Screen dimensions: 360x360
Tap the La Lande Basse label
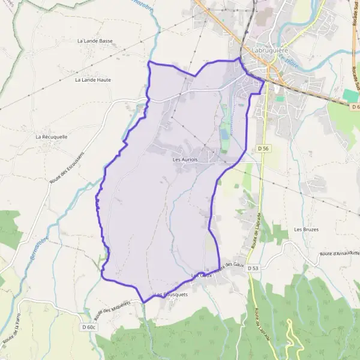click(x=95, y=41)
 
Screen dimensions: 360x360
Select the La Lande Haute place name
click(x=94, y=79)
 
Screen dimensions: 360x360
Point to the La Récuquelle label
click(x=51, y=136)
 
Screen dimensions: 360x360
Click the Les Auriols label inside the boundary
click(x=185, y=160)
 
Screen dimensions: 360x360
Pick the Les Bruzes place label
click(x=306, y=230)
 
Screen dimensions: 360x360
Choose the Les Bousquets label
click(x=171, y=295)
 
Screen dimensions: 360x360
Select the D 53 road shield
click(x=254, y=268)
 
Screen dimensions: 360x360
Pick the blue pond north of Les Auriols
click(x=224, y=130)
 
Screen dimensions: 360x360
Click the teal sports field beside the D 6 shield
click(x=350, y=95)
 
